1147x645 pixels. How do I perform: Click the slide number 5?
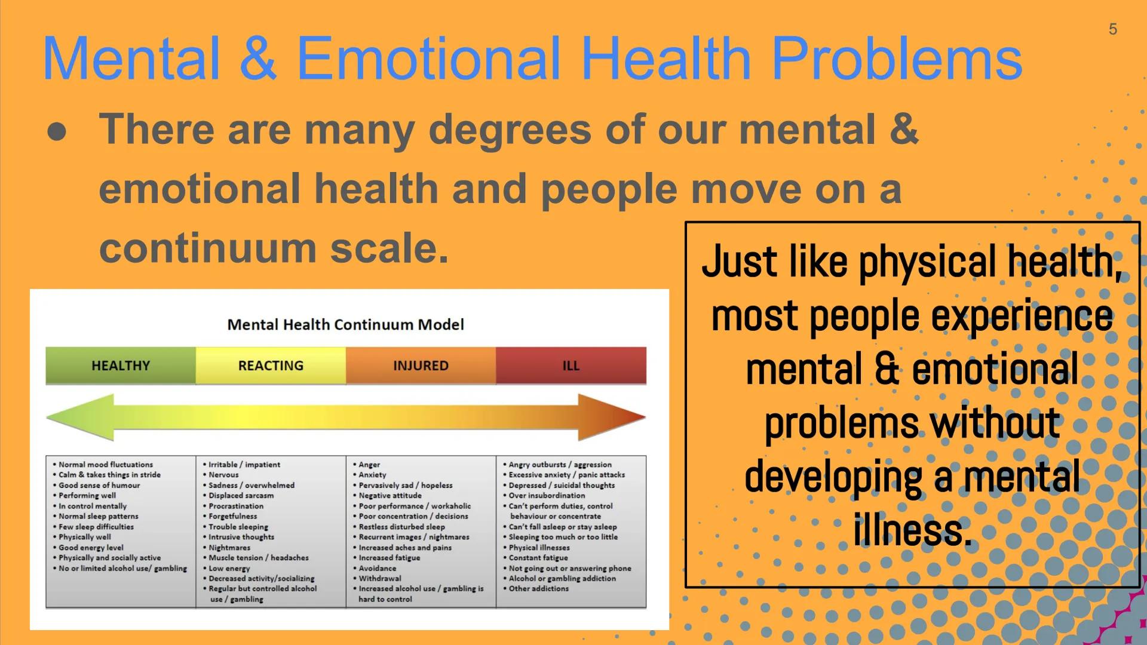(1112, 29)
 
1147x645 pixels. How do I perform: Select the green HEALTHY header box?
(121, 365)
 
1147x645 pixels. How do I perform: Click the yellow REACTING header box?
(271, 365)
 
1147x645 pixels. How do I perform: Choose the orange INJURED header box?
(421, 365)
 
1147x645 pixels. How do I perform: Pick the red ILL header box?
(571, 365)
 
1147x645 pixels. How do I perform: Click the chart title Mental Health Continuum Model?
(345, 325)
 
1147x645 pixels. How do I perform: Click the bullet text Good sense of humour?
(99, 486)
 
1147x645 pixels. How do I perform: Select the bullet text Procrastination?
(236, 506)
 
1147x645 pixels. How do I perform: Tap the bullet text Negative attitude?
(390, 496)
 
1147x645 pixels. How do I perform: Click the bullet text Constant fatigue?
(538, 558)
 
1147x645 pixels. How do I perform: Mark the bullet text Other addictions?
(538, 589)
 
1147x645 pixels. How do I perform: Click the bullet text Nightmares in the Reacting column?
(229, 548)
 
